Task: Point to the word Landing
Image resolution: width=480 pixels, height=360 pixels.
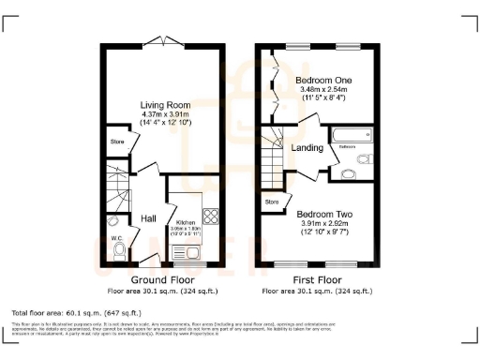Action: click(x=307, y=147)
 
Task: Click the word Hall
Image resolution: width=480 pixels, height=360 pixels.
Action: click(x=148, y=218)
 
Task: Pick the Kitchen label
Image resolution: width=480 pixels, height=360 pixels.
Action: click(x=185, y=223)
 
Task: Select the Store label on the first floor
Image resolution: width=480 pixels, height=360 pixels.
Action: click(x=272, y=201)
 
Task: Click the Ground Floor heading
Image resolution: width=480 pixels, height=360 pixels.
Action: click(x=162, y=280)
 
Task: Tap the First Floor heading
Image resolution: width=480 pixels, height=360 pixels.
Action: click(x=320, y=280)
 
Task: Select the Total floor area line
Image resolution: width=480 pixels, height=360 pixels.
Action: click(x=75, y=311)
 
